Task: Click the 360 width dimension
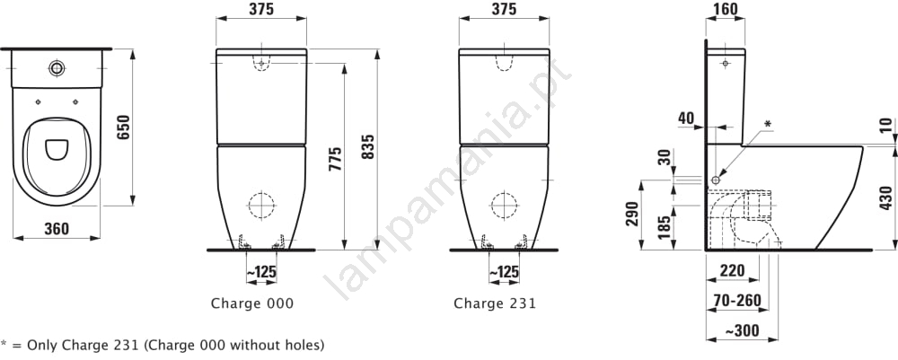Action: pyautogui.click(x=56, y=228)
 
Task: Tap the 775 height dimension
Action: pyautogui.click(x=335, y=159)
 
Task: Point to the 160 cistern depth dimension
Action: pyautogui.click(x=726, y=9)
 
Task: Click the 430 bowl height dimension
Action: pyautogui.click(x=885, y=198)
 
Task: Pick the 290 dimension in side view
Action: pyautogui.click(x=631, y=214)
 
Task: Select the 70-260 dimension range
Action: pyautogui.click(x=737, y=300)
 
